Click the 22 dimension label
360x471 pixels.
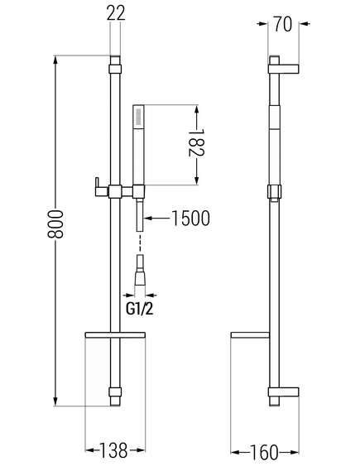pyautogui.click(x=116, y=12)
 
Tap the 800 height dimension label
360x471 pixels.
pyautogui.click(x=55, y=223)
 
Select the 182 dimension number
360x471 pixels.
pyautogui.click(x=196, y=142)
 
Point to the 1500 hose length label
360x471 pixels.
pyautogui.click(x=190, y=218)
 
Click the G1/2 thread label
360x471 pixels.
pyautogui.click(x=140, y=308)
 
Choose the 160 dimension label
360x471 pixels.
pyautogui.click(x=264, y=453)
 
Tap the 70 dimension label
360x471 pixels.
pyautogui.click(x=282, y=24)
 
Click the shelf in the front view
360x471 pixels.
pyautogui.click(x=115, y=335)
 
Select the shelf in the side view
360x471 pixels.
pyautogui.click(x=250, y=335)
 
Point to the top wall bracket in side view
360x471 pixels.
pyautogui.click(x=283, y=69)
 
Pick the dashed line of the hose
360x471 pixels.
pyautogui.click(x=140, y=243)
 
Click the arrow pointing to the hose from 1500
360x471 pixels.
pyautogui.click(x=156, y=218)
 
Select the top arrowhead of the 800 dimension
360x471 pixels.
pyautogui.click(x=55, y=60)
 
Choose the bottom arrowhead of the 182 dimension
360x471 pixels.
pyautogui.click(x=196, y=180)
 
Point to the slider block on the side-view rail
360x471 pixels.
pyautogui.click(x=275, y=192)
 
